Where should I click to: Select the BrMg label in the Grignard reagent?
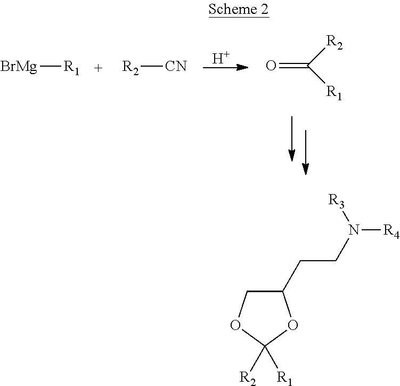tap(19, 68)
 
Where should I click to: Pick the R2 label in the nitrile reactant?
tap(131, 68)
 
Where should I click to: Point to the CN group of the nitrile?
tap(176, 68)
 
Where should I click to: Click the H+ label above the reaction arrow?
tap(222, 59)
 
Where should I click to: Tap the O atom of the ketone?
tap(271, 67)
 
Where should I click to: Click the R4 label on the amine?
tap(390, 231)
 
